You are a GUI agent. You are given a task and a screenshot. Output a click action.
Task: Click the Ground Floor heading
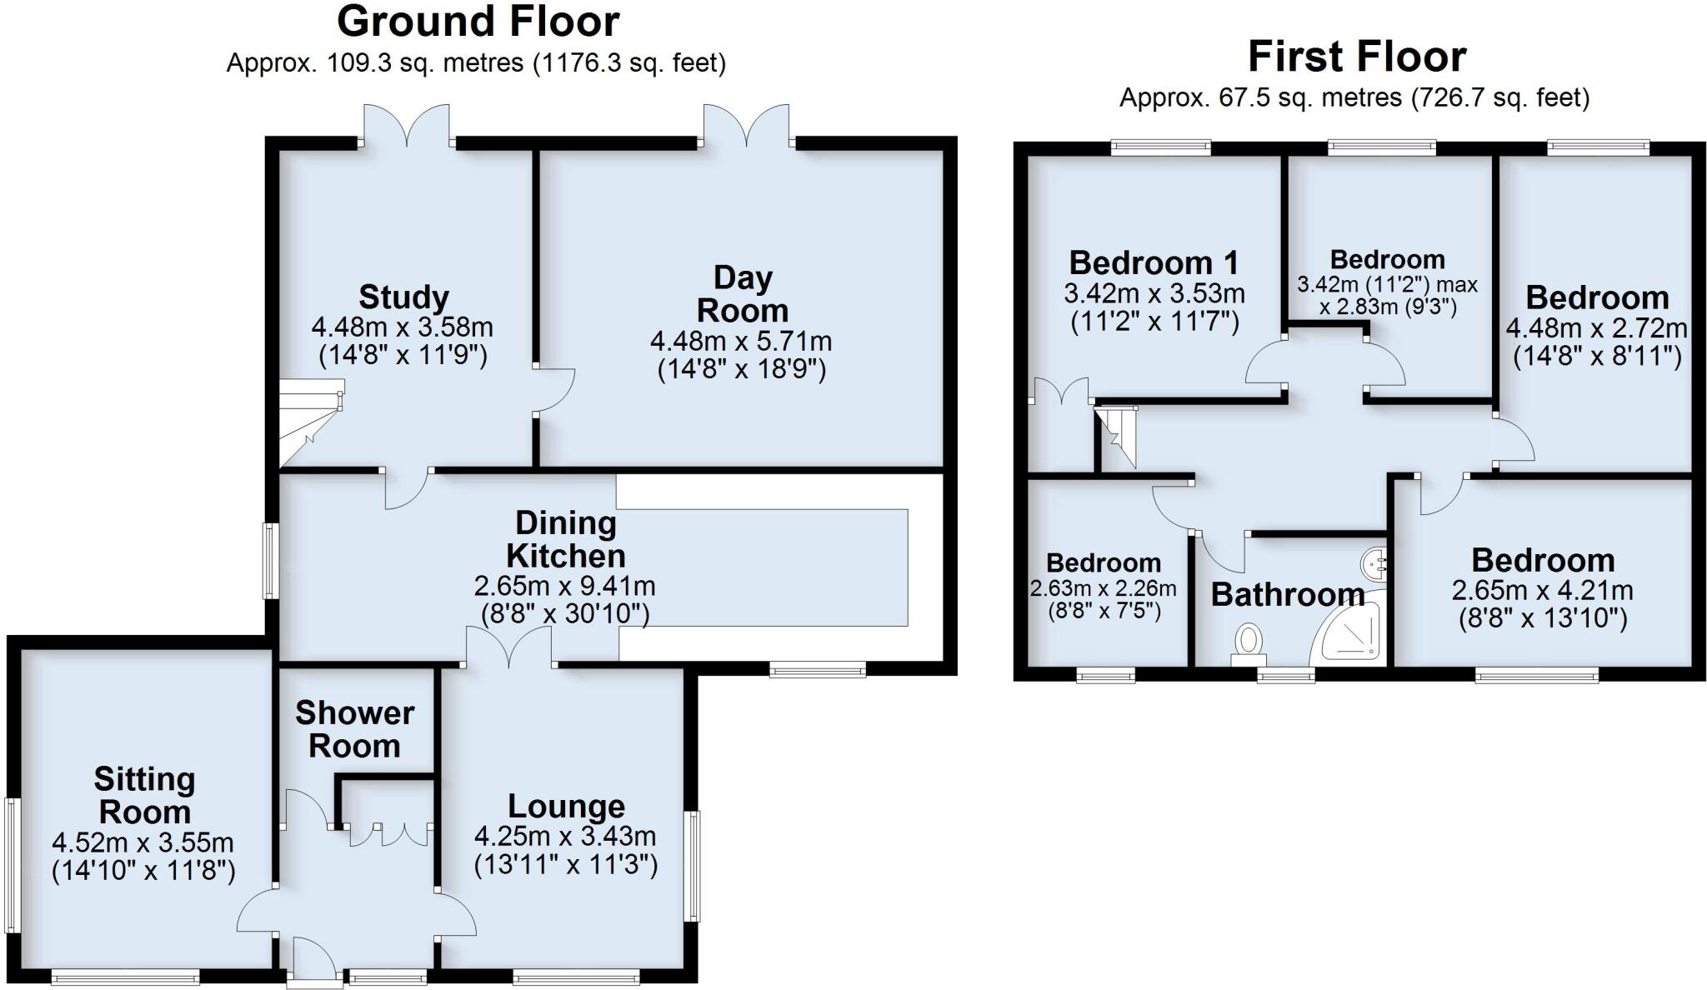478,22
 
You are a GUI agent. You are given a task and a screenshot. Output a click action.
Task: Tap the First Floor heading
1356,57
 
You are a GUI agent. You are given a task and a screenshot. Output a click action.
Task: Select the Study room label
403,297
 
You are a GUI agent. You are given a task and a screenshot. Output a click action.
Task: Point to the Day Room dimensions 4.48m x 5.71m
740,341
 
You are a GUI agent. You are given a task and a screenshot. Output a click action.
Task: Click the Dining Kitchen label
565,539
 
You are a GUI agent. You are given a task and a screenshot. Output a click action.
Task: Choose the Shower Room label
354,729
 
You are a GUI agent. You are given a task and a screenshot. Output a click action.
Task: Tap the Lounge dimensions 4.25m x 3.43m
565,835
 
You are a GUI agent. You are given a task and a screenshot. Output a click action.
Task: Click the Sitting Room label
144,795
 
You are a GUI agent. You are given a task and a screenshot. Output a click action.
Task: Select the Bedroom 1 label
1154,262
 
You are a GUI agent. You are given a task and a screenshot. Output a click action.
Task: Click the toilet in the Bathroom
1248,643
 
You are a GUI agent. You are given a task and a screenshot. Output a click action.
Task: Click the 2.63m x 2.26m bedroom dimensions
1103,588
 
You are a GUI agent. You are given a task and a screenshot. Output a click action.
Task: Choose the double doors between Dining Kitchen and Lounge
509,647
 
